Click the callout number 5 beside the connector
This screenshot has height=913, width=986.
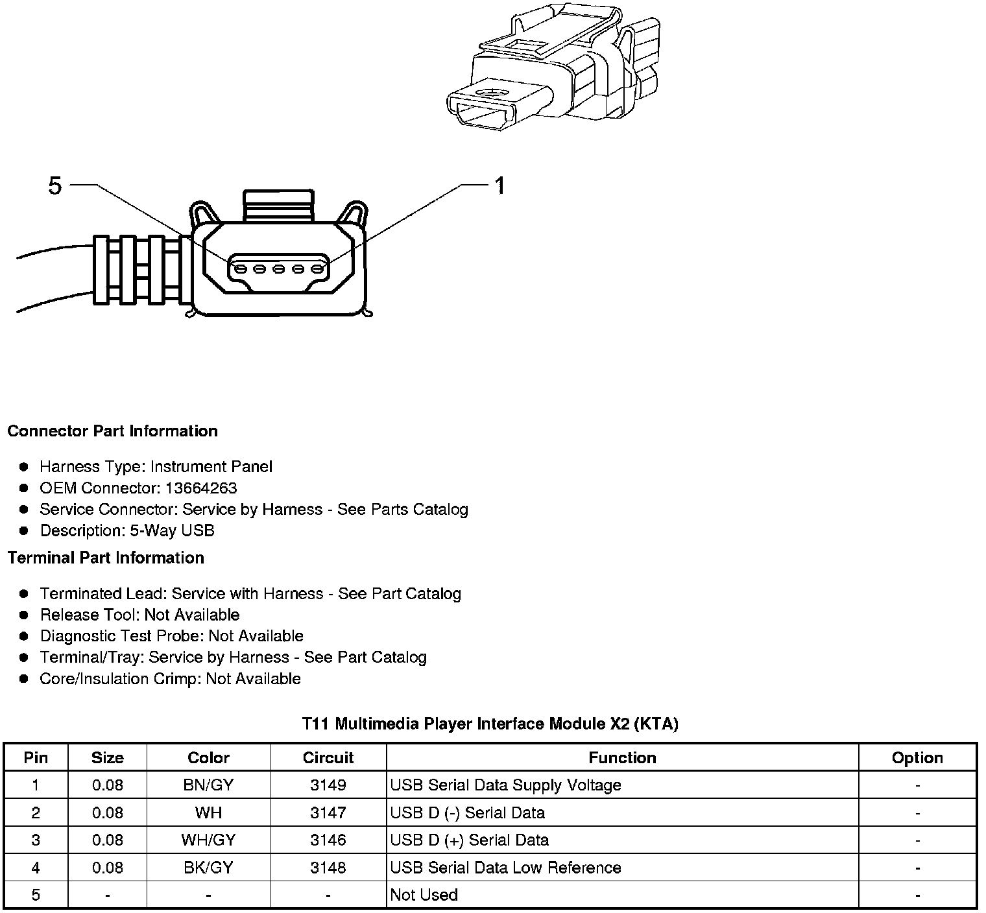[55, 186]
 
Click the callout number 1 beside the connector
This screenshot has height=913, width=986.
[499, 186]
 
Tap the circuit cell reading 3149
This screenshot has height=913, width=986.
[328, 785]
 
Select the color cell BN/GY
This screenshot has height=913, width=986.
[208, 785]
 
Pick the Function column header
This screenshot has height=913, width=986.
[622, 757]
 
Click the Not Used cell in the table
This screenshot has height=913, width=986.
[424, 895]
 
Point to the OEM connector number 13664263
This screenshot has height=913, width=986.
[201, 488]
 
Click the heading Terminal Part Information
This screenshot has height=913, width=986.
[106, 558]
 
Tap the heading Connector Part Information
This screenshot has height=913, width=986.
[112, 431]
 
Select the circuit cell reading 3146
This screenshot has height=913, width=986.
[328, 840]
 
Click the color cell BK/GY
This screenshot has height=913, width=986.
[208, 868]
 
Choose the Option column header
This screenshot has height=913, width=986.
[917, 757]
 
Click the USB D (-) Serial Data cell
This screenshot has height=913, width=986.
[467, 813]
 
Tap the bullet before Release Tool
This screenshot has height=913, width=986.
[24, 615]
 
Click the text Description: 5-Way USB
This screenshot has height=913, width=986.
[127, 530]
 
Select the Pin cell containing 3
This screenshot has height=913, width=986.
[36, 840]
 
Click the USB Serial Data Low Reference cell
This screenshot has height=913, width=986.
[505, 868]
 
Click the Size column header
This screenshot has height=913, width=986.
[108, 757]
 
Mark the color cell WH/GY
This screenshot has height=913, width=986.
[208, 840]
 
